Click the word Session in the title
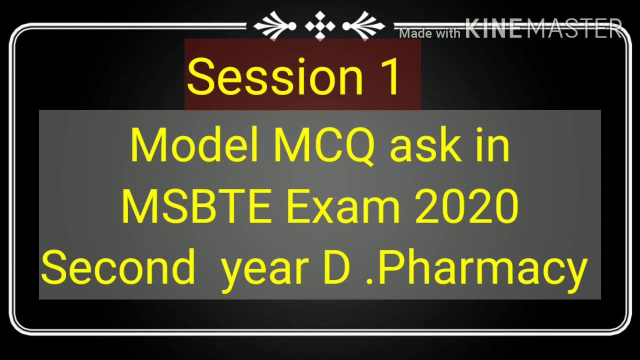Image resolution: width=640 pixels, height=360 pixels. pyautogui.click(x=274, y=76)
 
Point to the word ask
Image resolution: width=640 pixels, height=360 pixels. pyautogui.click(x=425, y=145)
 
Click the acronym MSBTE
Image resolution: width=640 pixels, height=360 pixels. pyautogui.click(x=196, y=206)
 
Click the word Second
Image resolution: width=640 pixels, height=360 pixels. pyautogui.click(x=118, y=267)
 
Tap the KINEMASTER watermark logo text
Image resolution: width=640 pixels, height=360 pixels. pyautogui.click(x=544, y=28)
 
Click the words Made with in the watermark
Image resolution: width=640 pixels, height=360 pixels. pyautogui.click(x=430, y=33)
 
